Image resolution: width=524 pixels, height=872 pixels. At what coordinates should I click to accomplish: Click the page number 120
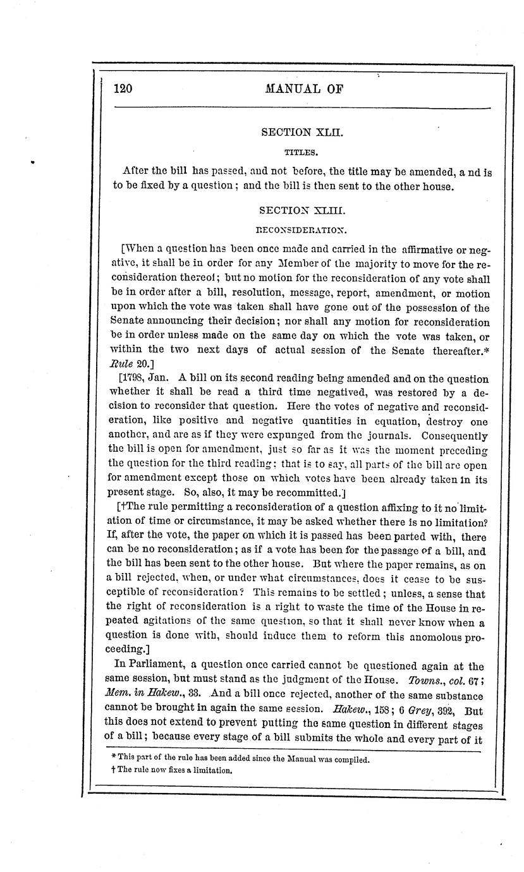(x=123, y=88)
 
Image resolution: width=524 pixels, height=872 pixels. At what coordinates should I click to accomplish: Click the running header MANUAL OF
(x=305, y=88)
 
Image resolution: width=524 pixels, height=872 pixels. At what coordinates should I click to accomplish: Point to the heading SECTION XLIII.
(x=294, y=210)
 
